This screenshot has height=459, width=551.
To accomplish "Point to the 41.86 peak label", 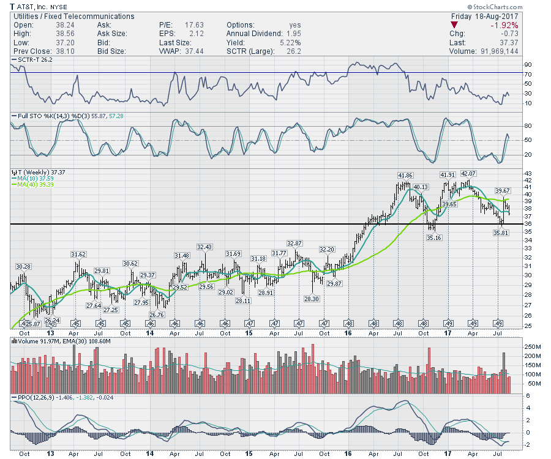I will click(405, 176).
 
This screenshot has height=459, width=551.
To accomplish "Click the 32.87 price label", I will click(295, 244).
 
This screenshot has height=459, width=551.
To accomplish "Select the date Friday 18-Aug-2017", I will click(484, 17).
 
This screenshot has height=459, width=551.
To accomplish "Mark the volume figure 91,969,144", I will click(493, 51).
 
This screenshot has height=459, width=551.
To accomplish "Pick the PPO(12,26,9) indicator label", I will click(35, 398).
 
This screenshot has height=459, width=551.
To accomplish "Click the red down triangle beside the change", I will click(454, 25).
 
